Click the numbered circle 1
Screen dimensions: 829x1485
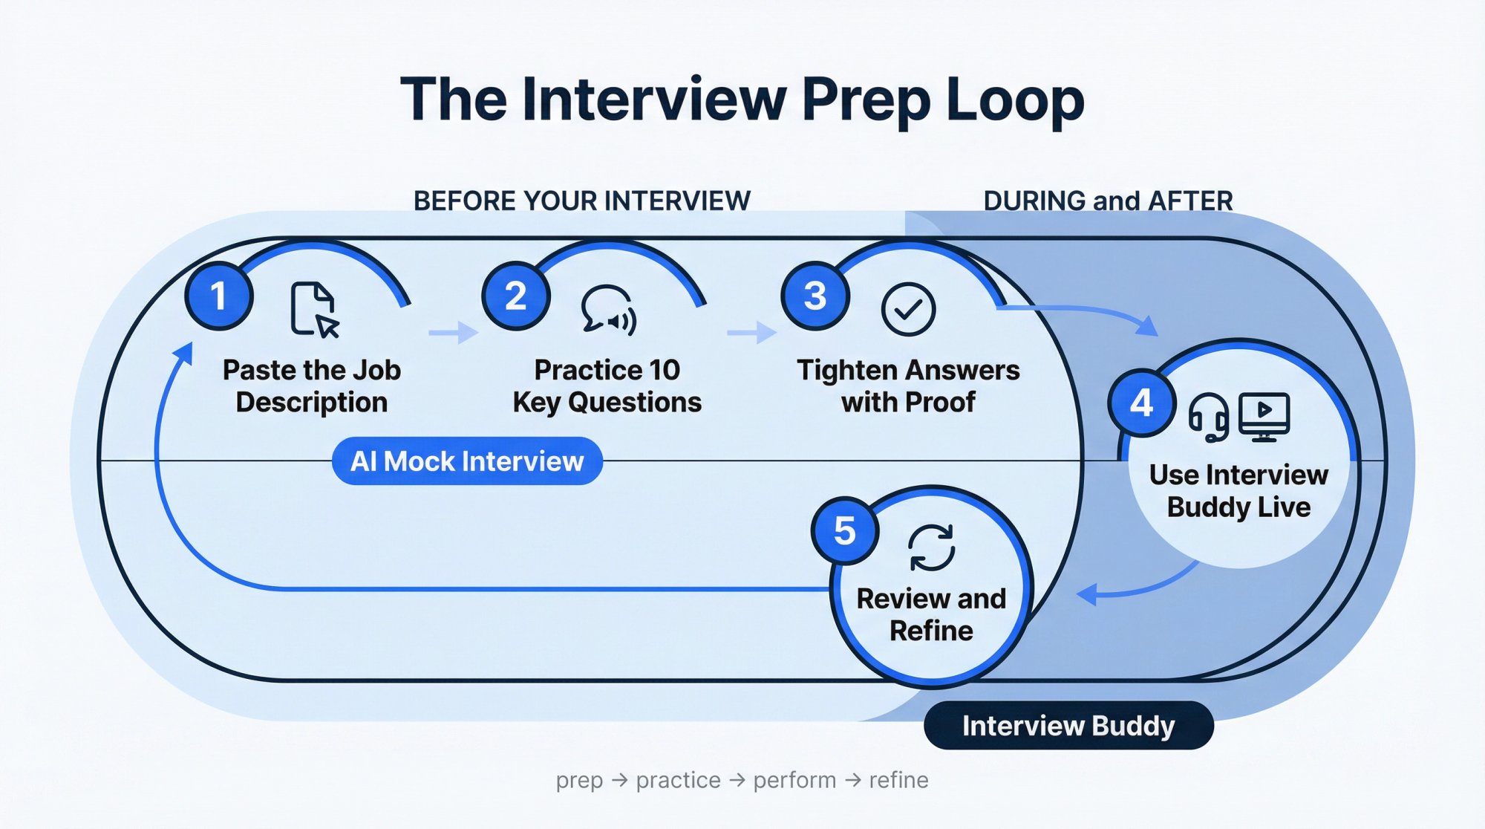pyautogui.click(x=219, y=296)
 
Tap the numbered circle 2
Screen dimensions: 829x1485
pyautogui.click(x=516, y=296)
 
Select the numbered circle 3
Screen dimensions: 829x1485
pyautogui.click(x=815, y=296)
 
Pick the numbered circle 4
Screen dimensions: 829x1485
pyautogui.click(x=1141, y=403)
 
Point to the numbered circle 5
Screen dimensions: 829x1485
pyautogui.click(x=845, y=531)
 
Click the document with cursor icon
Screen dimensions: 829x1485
pyautogui.click(x=314, y=309)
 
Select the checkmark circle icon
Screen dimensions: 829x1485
pyautogui.click(x=908, y=309)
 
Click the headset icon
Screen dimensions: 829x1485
pyautogui.click(x=1208, y=417)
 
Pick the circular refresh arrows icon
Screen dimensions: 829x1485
pyautogui.click(x=931, y=547)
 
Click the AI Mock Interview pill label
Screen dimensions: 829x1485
pyautogui.click(x=467, y=461)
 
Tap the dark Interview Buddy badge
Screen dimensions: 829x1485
pyautogui.click(x=1068, y=726)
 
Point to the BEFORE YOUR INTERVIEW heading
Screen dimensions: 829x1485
pyautogui.click(x=581, y=201)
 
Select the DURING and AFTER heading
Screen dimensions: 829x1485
pyautogui.click(x=1108, y=201)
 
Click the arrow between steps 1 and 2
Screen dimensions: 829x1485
pyautogui.click(x=454, y=332)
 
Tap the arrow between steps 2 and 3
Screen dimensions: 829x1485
pyautogui.click(x=751, y=332)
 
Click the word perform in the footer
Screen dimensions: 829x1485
pyautogui.click(x=794, y=780)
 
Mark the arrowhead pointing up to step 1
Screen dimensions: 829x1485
pyautogui.click(x=184, y=354)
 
